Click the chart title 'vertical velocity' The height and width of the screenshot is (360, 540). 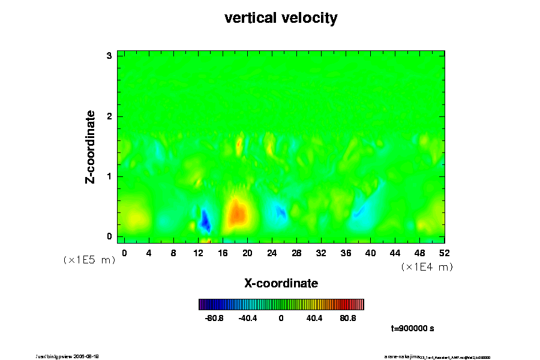click(x=281, y=19)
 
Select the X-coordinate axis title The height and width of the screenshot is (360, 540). click(x=281, y=283)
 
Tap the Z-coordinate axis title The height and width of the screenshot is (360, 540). click(x=91, y=146)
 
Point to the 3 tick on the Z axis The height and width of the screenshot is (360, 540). click(x=109, y=56)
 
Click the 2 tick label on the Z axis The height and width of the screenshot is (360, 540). click(x=109, y=116)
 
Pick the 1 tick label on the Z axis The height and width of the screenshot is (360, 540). click(x=109, y=176)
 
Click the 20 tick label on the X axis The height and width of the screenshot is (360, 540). click(x=247, y=253)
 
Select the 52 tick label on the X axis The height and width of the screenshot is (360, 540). click(x=445, y=253)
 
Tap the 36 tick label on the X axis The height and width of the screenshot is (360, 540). click(x=346, y=253)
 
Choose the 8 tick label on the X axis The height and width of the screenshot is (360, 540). click(x=173, y=253)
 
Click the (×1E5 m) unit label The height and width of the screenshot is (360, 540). click(x=89, y=260)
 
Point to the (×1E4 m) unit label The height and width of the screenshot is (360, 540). click(x=427, y=267)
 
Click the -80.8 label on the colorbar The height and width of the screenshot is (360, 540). click(x=214, y=318)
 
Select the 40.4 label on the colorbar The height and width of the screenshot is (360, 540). click(x=314, y=318)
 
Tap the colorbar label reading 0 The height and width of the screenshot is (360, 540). click(x=281, y=318)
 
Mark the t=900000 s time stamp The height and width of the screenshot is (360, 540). click(x=412, y=329)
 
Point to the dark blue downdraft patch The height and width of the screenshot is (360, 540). click(x=205, y=221)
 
